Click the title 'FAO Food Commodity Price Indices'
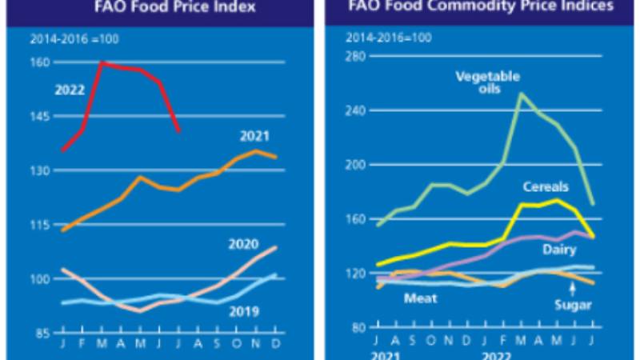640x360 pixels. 480,9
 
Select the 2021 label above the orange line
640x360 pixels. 254,135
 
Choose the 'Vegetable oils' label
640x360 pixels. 487,82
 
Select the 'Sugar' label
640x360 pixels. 573,305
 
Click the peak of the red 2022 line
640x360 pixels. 102,62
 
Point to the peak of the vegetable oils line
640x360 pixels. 522,94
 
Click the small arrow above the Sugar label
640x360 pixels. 573,289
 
